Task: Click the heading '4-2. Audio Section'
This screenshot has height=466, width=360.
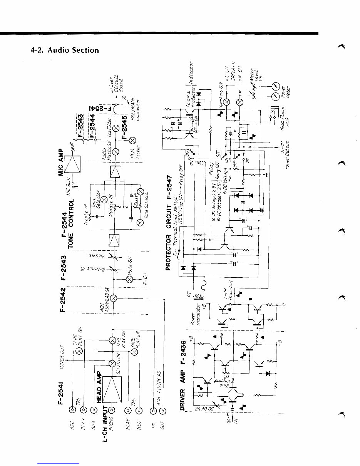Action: pos(65,50)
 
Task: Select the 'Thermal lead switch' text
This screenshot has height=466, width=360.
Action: pos(175,223)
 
